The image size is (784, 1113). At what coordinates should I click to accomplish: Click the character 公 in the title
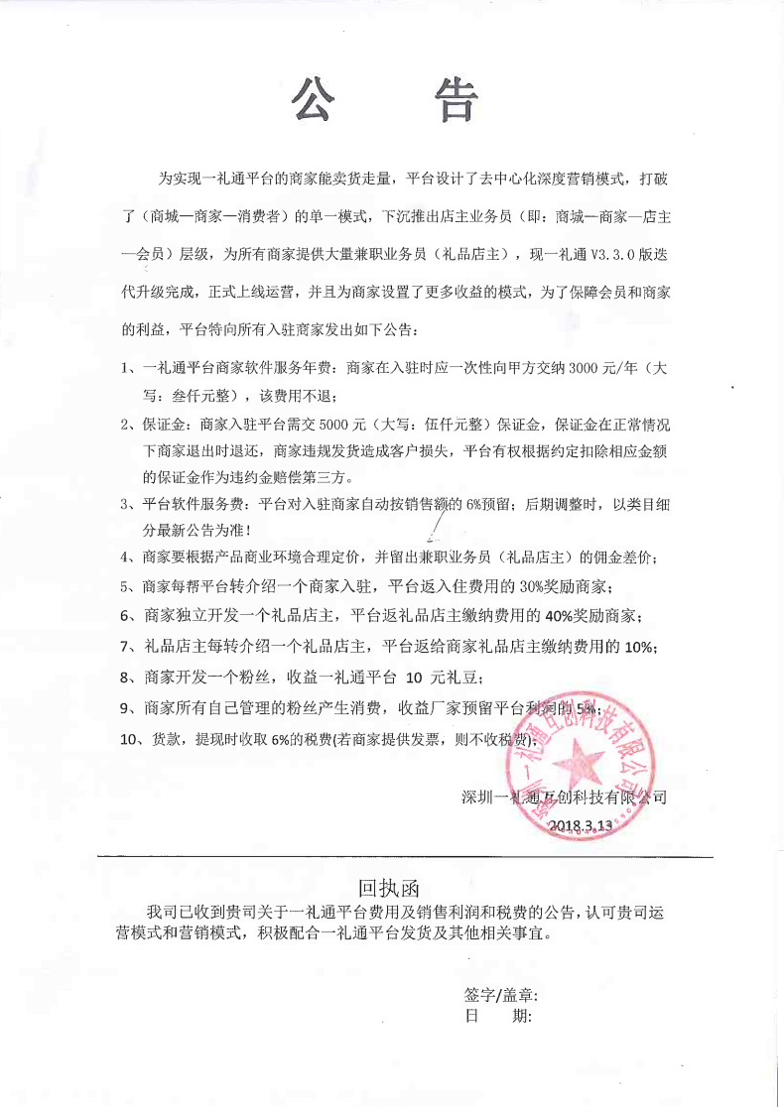tap(316, 99)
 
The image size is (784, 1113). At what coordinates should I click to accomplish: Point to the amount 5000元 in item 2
tap(327, 425)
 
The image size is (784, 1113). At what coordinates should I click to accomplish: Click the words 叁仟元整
tap(183, 396)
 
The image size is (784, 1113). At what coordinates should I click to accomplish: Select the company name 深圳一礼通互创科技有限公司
tap(564, 796)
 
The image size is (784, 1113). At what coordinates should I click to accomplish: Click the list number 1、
tap(128, 368)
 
